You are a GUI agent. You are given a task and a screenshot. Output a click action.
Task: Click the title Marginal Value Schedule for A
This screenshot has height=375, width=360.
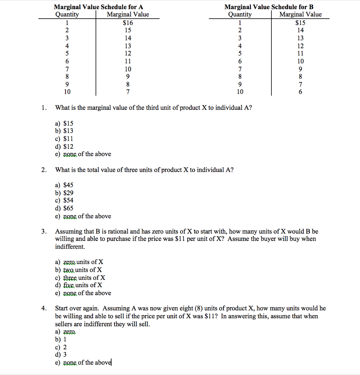(x=98, y=7)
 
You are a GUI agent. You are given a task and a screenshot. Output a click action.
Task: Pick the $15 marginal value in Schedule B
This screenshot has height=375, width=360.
(x=300, y=23)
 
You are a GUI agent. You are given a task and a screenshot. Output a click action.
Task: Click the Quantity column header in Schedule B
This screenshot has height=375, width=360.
(x=240, y=15)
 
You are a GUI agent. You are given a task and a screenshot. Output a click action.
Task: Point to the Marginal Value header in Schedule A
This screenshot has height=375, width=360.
(x=128, y=15)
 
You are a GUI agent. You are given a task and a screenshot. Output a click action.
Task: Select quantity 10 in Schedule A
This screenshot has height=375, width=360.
(x=67, y=92)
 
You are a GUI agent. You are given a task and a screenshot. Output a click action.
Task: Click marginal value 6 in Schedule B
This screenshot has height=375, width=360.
(x=300, y=92)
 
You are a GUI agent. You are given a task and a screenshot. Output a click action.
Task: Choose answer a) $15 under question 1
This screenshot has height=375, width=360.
(x=64, y=124)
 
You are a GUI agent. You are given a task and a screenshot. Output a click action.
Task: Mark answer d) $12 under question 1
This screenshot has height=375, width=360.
(x=64, y=146)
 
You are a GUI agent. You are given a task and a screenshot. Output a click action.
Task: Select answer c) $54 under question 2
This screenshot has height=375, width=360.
(x=64, y=200)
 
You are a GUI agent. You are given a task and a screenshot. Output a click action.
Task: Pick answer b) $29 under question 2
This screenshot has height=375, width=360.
(x=64, y=193)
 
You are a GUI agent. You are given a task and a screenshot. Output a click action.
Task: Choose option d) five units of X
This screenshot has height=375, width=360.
(x=79, y=285)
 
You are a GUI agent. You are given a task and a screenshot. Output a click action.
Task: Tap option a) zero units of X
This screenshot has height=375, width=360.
(x=79, y=262)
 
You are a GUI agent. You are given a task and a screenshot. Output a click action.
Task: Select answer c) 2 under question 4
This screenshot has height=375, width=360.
(x=61, y=347)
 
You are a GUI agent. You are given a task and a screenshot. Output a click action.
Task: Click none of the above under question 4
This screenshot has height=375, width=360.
(x=83, y=363)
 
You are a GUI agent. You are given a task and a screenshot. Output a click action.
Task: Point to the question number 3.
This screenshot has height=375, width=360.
(x=44, y=231)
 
